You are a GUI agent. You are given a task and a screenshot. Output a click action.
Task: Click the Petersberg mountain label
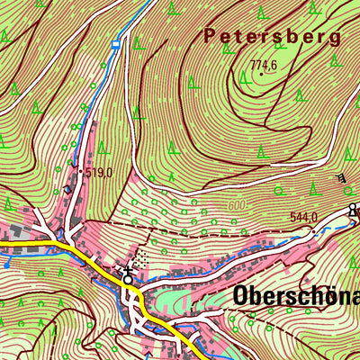tap(272, 37)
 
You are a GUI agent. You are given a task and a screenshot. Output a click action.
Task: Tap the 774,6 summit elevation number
tap(263, 64)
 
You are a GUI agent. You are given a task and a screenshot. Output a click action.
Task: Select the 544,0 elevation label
tap(304, 217)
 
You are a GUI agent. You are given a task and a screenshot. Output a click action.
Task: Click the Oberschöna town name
tap(295, 296)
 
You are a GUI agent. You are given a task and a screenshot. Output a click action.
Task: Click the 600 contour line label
tap(236, 206)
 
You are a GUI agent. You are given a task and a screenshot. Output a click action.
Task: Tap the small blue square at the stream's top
tap(115, 43)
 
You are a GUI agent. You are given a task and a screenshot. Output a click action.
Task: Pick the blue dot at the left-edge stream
tap(6, 265)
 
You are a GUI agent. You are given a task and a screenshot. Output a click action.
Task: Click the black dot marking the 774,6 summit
tap(261, 74)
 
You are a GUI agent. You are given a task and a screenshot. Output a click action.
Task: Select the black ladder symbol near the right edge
tap(341, 179)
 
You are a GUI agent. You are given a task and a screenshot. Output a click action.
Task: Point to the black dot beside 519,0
tap(79, 171)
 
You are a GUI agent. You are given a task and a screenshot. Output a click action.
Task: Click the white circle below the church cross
tap(128, 280)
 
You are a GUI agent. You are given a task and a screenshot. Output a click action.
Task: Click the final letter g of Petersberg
tap(335, 39)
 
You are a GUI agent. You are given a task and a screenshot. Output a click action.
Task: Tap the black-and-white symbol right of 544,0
tap(353, 211)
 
